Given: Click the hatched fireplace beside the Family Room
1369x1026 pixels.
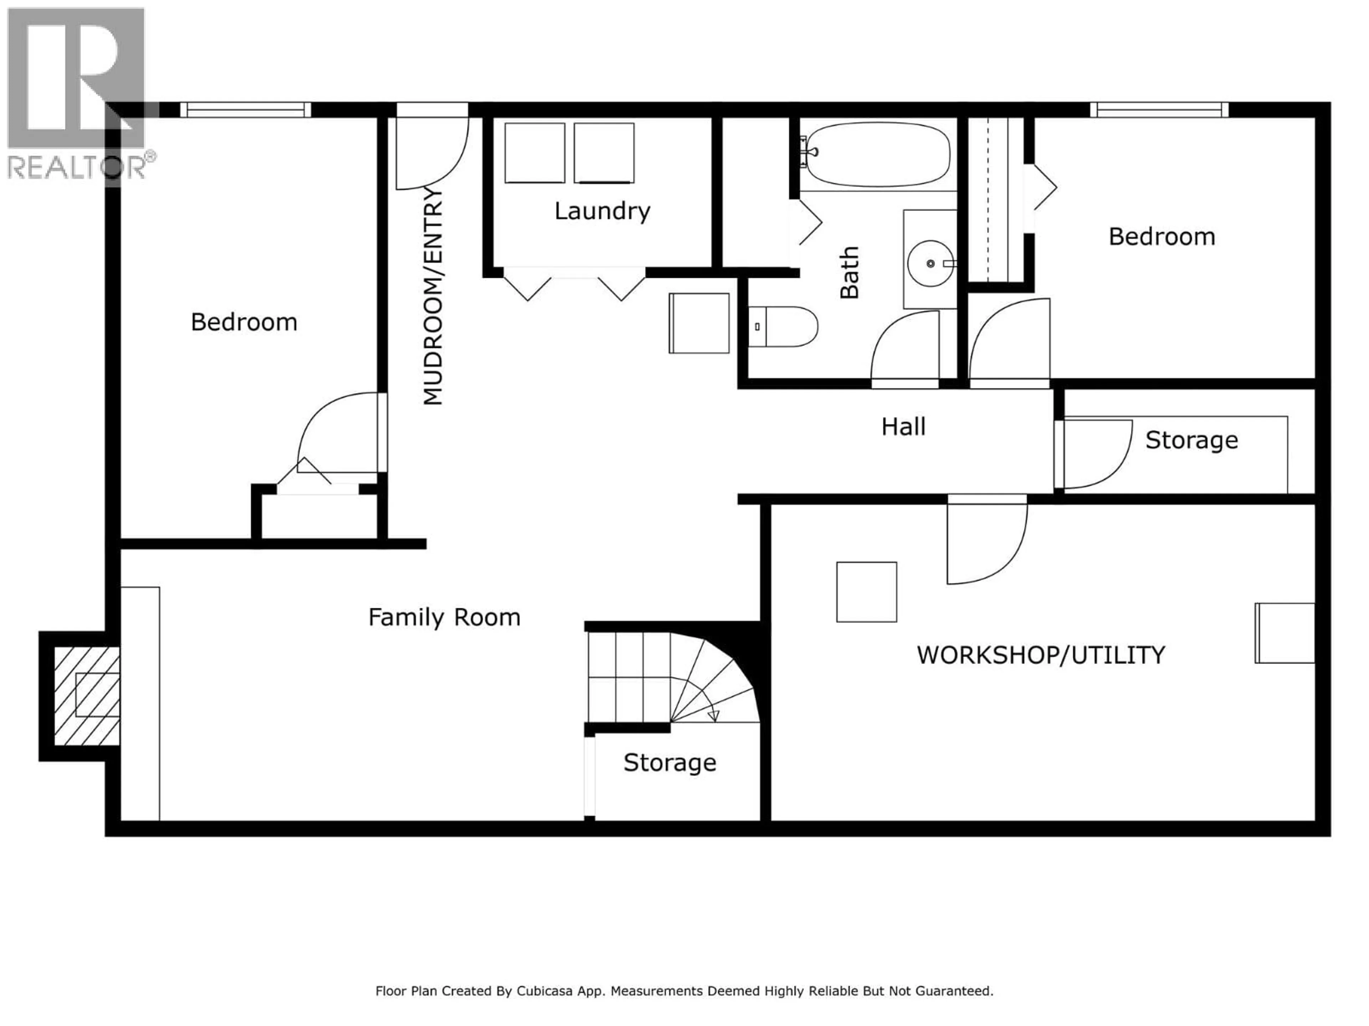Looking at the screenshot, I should point(87,696).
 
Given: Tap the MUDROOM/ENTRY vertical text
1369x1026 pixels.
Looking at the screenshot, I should point(433,296).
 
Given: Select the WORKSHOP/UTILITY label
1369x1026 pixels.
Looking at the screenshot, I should point(1040,655).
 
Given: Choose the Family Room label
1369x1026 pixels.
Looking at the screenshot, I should point(444,617).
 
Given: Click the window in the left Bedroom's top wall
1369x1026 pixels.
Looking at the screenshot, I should point(246,110).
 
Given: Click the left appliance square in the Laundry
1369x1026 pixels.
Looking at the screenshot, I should point(535,153).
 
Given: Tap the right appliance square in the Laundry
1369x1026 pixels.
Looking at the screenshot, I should point(604,153).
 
